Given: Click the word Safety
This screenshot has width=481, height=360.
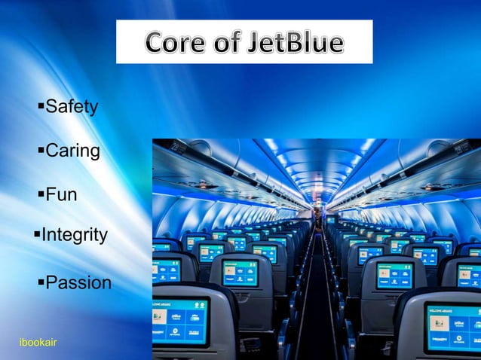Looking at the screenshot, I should pyautogui.click(x=72, y=107).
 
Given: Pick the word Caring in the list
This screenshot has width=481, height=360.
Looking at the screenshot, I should pyautogui.click(x=72, y=151).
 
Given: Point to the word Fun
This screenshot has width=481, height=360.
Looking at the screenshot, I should pyautogui.click(x=61, y=195).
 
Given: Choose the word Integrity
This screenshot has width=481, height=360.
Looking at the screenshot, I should pyautogui.click(x=74, y=236).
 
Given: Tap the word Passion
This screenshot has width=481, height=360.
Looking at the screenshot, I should pyautogui.click(x=78, y=283).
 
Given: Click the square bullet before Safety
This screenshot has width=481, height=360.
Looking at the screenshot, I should pyautogui.click(x=41, y=105).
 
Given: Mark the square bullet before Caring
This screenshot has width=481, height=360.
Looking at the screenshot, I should pyautogui.click(x=41, y=149).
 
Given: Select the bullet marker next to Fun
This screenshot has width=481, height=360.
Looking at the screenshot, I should pyautogui.click(x=41, y=194).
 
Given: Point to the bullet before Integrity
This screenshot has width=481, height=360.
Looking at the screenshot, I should pyautogui.click(x=36, y=234).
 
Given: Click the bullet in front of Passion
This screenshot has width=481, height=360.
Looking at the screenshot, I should pyautogui.click(x=41, y=282).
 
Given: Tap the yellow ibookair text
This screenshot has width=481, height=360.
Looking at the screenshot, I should pyautogui.click(x=38, y=343).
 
